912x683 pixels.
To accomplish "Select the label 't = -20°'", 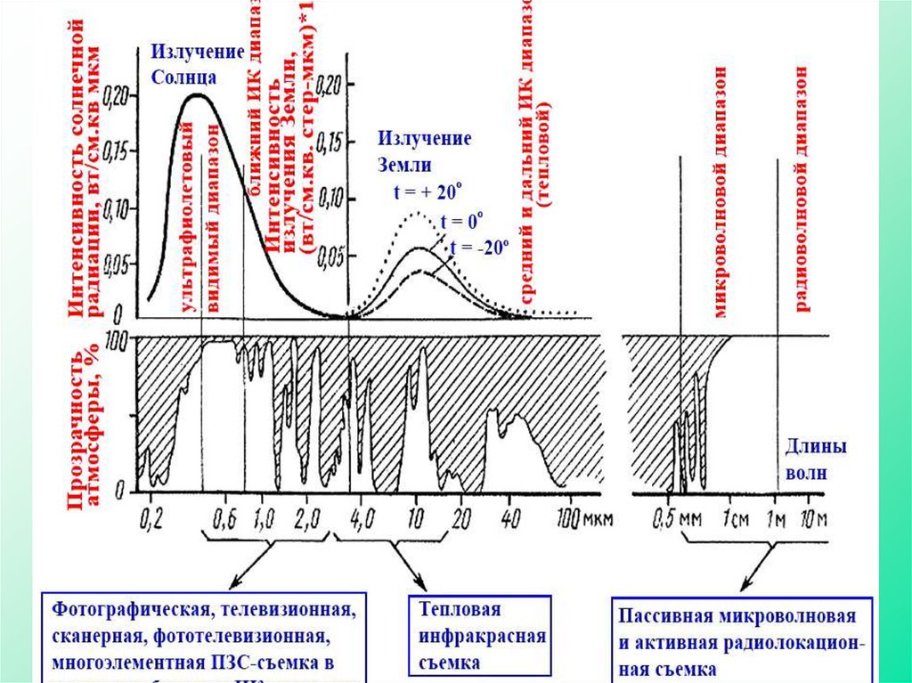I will coord(478,248).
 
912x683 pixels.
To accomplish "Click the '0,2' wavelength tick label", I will coord(152,516).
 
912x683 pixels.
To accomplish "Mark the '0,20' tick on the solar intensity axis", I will coord(116,93).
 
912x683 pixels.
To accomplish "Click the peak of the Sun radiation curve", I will coord(198,94).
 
